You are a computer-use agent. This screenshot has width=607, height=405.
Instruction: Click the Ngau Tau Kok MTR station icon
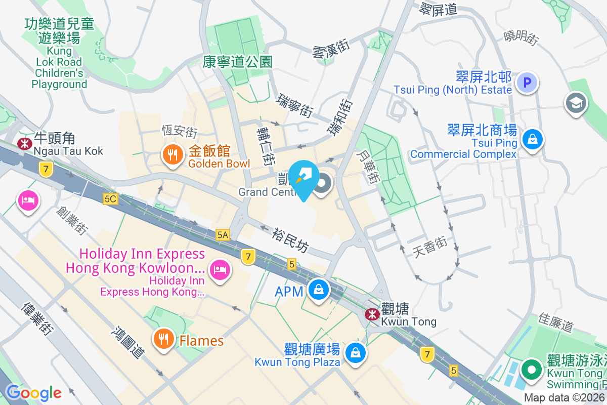[24, 144]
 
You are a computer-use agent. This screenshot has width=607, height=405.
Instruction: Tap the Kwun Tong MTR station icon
[373, 314]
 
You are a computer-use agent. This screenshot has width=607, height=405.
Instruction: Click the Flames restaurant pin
[163, 340]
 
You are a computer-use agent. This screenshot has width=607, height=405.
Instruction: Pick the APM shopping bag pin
[319, 290]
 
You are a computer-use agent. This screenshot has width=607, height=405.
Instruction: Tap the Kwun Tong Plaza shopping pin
[356, 352]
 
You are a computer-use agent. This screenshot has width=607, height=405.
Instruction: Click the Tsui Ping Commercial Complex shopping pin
[532, 138]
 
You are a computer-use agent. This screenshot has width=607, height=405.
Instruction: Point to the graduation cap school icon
[575, 103]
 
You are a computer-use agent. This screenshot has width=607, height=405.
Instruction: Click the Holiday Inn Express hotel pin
[220, 268]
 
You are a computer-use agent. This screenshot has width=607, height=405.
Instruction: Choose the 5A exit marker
[223, 234]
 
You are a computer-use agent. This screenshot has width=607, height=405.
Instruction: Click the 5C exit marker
[110, 199]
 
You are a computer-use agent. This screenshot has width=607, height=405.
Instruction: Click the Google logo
[33, 392]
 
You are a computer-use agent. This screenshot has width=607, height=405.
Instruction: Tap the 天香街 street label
[430, 246]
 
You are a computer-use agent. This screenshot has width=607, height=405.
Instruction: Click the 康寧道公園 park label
[238, 62]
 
